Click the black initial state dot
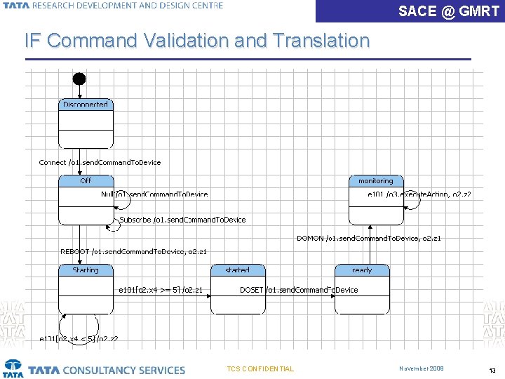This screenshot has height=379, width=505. [x=80, y=78]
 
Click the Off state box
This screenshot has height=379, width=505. [x=86, y=199]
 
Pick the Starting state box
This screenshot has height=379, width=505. [x=86, y=288]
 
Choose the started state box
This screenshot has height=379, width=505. [x=238, y=288]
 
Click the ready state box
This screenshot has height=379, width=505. [x=362, y=288]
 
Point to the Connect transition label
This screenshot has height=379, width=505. [x=100, y=162]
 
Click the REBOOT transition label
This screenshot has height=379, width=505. [x=133, y=251]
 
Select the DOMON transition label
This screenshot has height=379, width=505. [x=368, y=239]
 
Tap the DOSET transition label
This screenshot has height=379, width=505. [x=299, y=290]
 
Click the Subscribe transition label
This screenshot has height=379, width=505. [x=182, y=220]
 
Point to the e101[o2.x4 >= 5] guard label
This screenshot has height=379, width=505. [x=161, y=290]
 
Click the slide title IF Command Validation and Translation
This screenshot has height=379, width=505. [x=197, y=41]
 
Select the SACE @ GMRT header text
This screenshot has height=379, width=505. [x=448, y=11]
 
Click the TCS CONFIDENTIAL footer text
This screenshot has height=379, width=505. [x=260, y=369]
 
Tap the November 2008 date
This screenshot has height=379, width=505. [x=422, y=368]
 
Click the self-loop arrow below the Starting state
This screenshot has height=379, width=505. [x=69, y=326]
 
